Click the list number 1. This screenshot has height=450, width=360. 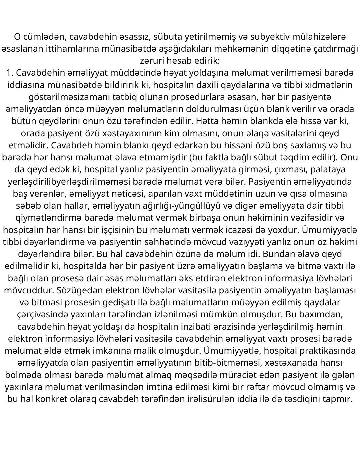(9, 73)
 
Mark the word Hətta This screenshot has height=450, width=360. (207, 121)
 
